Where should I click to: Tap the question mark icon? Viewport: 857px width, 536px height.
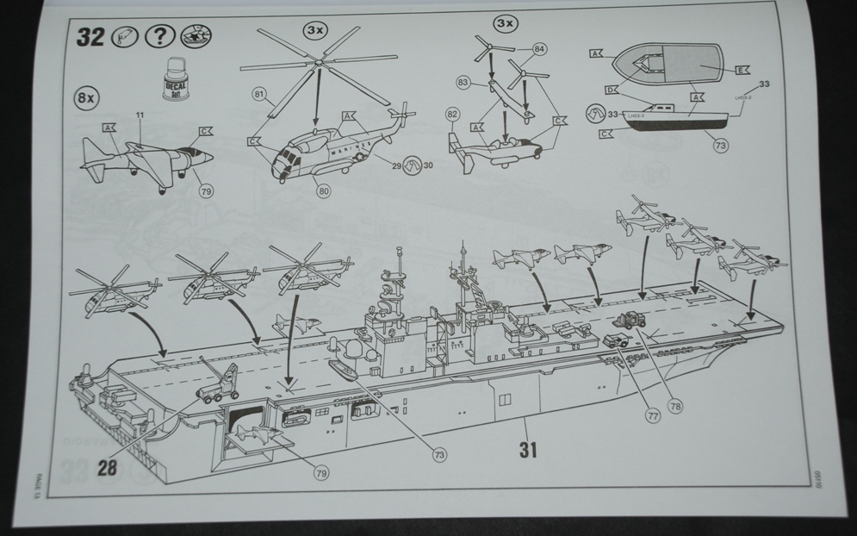point(160,37)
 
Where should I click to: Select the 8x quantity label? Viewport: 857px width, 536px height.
point(85,97)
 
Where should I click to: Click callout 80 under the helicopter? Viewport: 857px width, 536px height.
point(324,191)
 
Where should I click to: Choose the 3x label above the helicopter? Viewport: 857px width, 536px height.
point(315,29)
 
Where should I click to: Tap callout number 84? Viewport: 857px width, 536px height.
point(538,48)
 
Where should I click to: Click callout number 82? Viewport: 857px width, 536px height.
point(452,114)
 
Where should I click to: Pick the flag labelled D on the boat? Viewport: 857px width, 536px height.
point(611,90)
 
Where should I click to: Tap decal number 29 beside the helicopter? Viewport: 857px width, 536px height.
point(397,165)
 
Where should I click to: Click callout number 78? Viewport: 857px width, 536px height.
point(674,406)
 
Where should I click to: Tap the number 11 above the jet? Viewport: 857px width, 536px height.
point(139,114)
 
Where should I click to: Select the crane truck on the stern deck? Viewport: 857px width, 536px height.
point(220,386)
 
